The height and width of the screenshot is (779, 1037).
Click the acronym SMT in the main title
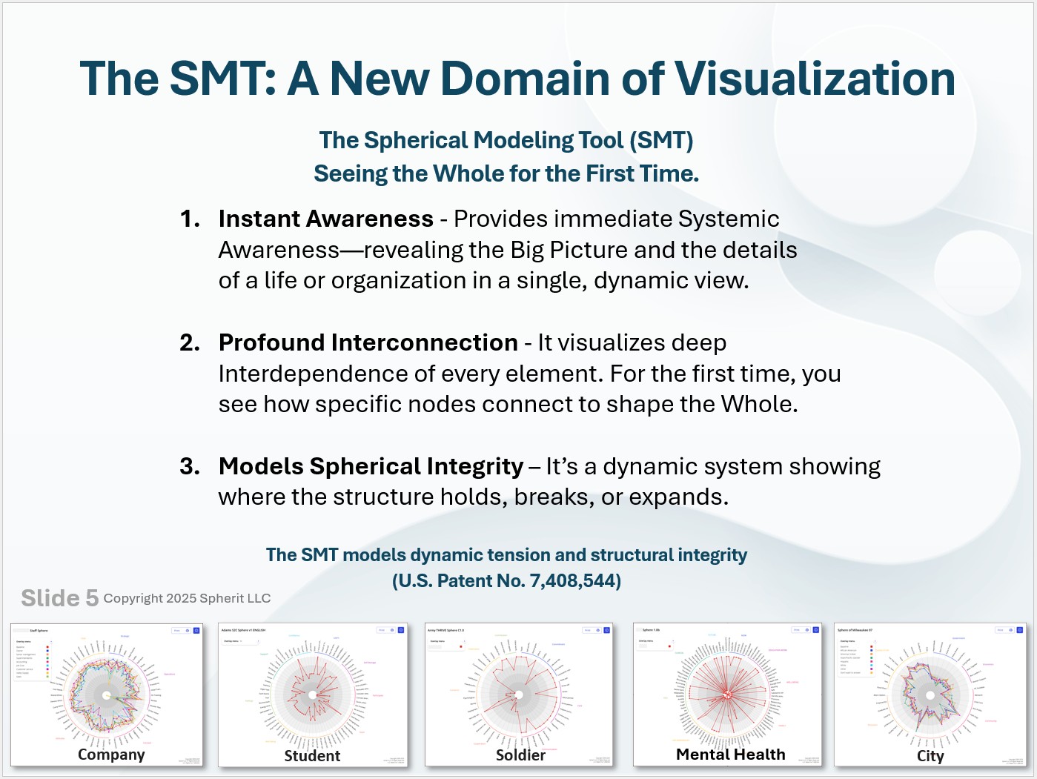pos(222,79)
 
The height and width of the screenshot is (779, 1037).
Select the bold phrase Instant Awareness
pos(325,219)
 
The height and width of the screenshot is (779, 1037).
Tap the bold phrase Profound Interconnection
pos(368,342)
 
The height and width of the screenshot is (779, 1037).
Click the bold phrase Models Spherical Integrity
pos(371,466)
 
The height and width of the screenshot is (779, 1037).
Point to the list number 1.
pos(189,219)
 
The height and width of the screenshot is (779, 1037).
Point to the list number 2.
pos(189,342)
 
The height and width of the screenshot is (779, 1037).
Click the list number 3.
pos(189,466)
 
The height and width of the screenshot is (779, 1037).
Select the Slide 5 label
pos(59,598)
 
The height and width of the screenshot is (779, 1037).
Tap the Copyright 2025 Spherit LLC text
pos(187,598)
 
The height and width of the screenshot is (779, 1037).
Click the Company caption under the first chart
pos(111,755)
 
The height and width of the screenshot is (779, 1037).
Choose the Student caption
pos(312,756)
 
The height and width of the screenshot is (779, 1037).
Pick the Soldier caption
pos(520,755)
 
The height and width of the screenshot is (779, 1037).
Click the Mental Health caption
pos(730,755)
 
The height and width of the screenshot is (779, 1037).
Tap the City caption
pos(930,756)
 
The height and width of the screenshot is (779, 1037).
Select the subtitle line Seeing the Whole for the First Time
pos(506,173)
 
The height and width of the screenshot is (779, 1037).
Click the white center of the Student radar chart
pos(313,695)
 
